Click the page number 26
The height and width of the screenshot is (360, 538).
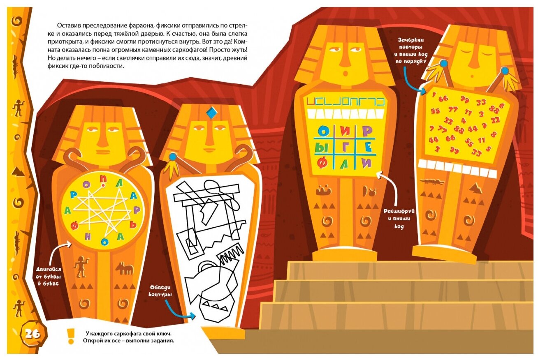click(x=32, y=334)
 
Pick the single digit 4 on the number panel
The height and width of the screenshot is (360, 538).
click(x=463, y=121)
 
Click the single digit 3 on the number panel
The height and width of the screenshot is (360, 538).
click(x=481, y=114)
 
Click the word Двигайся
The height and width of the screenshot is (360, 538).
click(x=48, y=269)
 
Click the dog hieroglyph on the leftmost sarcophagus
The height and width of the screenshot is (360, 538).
click(x=124, y=269)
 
